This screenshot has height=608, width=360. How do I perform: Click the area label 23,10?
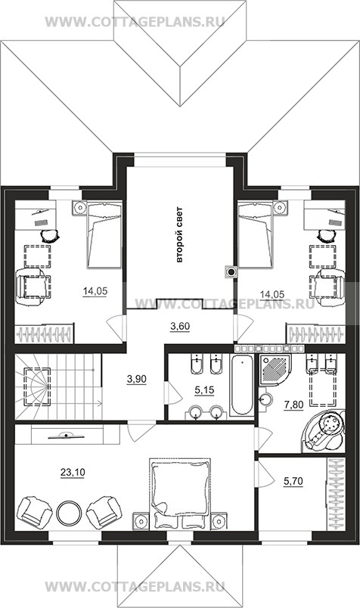pos(73,472)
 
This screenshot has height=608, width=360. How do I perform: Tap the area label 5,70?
pos(293,481)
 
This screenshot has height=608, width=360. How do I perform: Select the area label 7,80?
pos(293,405)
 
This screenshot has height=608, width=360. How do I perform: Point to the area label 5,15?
pos(204,390)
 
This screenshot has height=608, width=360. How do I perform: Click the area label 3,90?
pos(137,379)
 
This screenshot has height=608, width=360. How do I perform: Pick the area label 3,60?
pos(180,326)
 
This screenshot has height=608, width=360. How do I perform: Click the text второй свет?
pos(179,235)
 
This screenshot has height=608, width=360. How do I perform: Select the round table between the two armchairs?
pos(69,513)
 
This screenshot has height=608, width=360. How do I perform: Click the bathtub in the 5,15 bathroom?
pos(242,385)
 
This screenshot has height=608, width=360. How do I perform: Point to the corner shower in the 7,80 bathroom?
pos(275,369)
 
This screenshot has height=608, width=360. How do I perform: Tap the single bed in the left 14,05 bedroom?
pos(104,235)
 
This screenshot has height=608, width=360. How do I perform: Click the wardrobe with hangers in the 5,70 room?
pos(336,494)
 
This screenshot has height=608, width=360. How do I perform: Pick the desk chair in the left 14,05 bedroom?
pos(50,235)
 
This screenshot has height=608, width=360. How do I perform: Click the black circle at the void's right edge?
pos(231,272)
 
